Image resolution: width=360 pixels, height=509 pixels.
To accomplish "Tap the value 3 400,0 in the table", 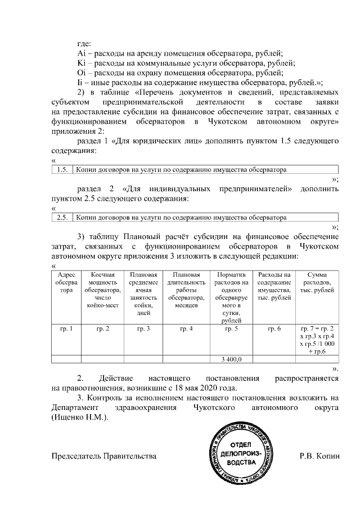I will tap(228, 358).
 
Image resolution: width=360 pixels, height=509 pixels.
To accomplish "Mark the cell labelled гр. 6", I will tap(273, 327).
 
